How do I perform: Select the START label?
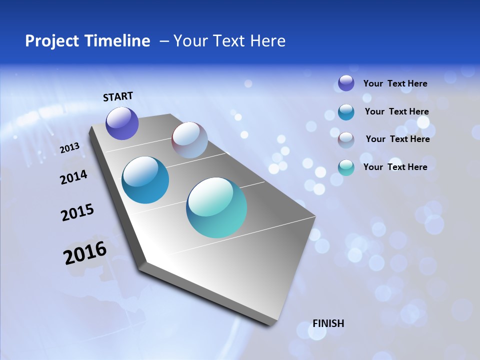pos(118,96)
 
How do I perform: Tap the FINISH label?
pos(328,323)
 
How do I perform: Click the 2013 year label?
pos(69,148)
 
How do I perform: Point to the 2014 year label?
pos(73,177)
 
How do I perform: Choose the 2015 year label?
pos(77,212)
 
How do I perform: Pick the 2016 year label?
pos(85,253)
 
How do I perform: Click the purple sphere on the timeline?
pos(122,123)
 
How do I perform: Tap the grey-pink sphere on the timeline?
pos(189,140)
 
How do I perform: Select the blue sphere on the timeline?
pos(145,180)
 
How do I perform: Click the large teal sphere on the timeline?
pos(216,207)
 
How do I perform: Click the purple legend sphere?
pos(346,83)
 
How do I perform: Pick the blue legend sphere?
pos(346,112)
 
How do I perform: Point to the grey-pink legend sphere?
pos(346,140)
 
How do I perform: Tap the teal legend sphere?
pos(346,167)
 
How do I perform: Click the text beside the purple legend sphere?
pos(395,83)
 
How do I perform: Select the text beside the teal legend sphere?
pos(395,167)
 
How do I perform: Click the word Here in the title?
pos(267,41)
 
